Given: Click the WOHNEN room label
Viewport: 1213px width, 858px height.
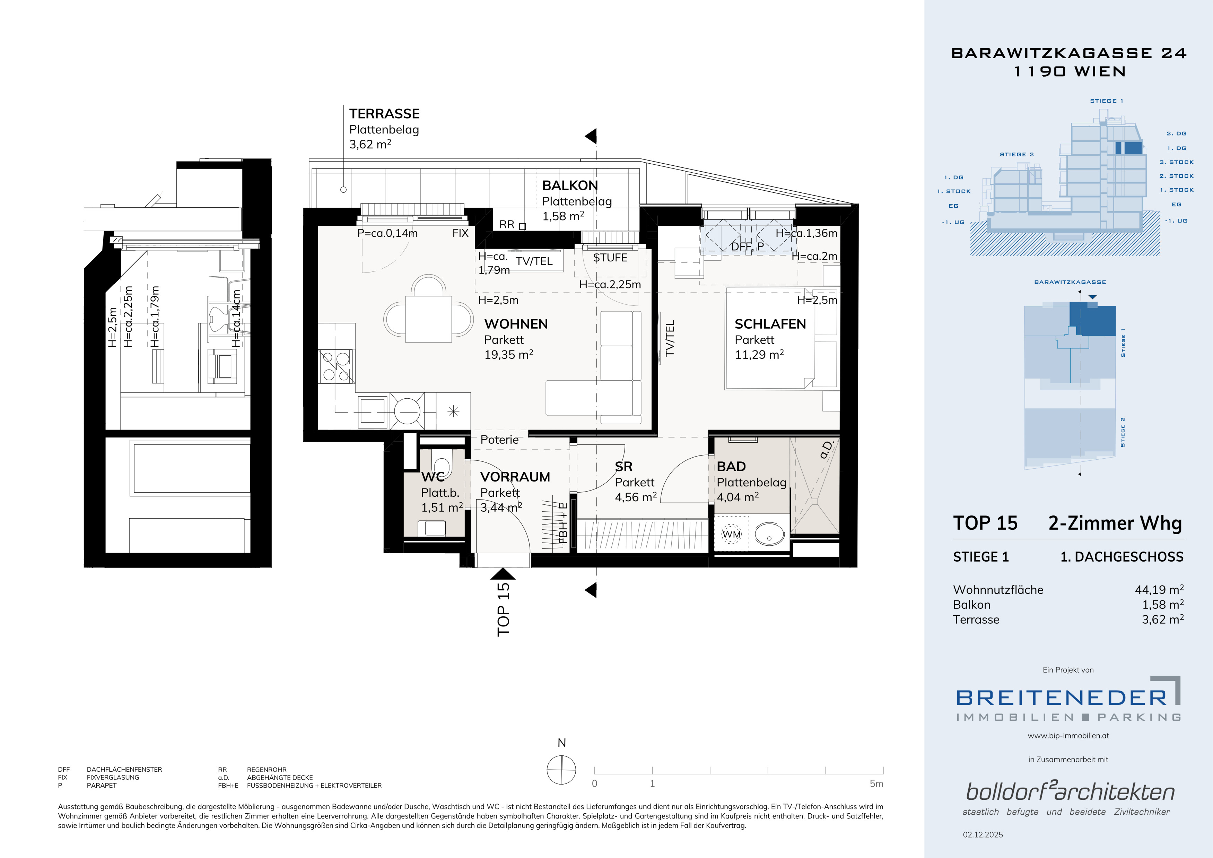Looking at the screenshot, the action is [x=516, y=324].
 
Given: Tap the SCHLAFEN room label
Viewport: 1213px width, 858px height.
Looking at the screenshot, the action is [x=770, y=324].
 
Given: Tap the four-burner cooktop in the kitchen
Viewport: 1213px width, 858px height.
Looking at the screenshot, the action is [x=337, y=366].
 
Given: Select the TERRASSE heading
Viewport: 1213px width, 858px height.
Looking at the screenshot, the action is [x=384, y=114].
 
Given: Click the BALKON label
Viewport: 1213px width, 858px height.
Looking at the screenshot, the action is [x=570, y=185].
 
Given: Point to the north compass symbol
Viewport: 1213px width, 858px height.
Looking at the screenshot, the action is [x=561, y=769].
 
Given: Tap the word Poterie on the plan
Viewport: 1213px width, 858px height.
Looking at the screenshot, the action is [x=499, y=440].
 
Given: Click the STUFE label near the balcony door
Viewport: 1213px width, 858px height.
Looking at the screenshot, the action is [x=610, y=258].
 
